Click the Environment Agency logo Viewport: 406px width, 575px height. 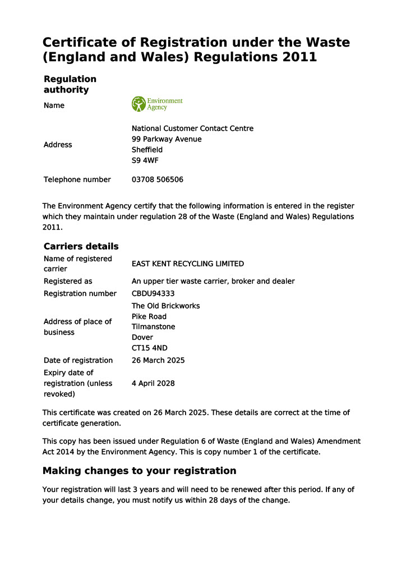157,104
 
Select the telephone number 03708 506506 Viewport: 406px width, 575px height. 157,180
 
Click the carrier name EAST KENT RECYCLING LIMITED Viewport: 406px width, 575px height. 187,264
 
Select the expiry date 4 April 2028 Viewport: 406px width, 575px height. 153,384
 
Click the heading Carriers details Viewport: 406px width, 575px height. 81,247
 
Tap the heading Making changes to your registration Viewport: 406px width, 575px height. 139,471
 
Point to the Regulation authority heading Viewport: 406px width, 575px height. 70,84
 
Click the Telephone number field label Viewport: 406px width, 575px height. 77,180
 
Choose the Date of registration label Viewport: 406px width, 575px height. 78,360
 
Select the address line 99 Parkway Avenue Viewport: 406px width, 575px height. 167,139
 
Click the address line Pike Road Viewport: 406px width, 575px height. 149,317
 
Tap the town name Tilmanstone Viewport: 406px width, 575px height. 153,327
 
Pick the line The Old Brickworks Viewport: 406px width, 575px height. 165,306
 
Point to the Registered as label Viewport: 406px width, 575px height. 68,281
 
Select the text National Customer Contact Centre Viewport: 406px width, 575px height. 192,129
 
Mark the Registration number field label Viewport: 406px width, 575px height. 80,294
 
